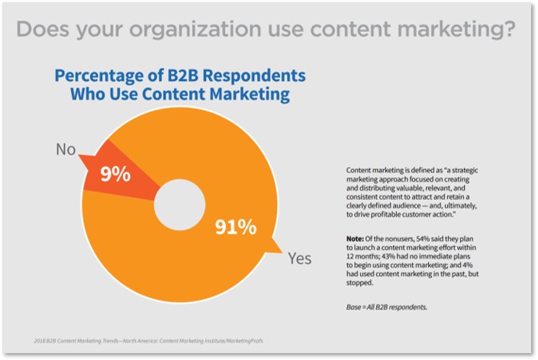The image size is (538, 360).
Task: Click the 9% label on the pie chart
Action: tap(116, 173)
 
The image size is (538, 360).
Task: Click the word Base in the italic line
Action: tap(356, 306)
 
